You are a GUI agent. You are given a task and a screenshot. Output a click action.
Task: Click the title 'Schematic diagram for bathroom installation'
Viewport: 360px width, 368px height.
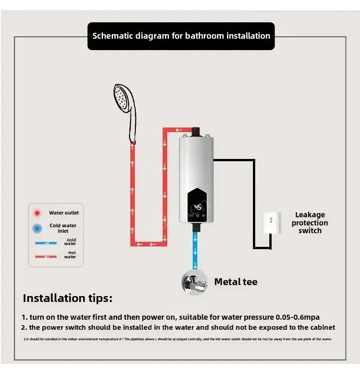(181, 36)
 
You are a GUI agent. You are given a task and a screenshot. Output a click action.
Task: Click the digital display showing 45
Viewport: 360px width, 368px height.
(198, 207)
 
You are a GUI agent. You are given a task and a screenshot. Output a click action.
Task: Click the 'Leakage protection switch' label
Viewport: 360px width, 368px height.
(310, 223)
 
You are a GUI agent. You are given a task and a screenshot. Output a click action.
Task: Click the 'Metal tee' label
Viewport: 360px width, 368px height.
(236, 282)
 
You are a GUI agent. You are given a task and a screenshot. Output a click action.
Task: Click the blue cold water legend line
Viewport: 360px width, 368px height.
(46, 243)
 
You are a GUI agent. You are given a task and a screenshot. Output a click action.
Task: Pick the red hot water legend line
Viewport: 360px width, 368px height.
(46, 256)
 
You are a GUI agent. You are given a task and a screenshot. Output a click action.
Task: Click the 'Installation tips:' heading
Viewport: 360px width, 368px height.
(67, 299)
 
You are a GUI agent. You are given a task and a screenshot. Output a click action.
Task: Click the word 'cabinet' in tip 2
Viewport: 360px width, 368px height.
(319, 327)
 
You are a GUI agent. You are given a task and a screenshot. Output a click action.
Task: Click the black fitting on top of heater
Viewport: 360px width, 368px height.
(197, 132)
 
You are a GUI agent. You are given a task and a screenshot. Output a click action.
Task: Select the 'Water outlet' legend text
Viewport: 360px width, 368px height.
(64, 213)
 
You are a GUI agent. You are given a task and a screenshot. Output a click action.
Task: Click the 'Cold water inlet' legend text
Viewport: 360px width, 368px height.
(63, 228)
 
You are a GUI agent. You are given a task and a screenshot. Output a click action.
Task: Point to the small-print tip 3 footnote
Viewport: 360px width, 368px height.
(178, 339)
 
